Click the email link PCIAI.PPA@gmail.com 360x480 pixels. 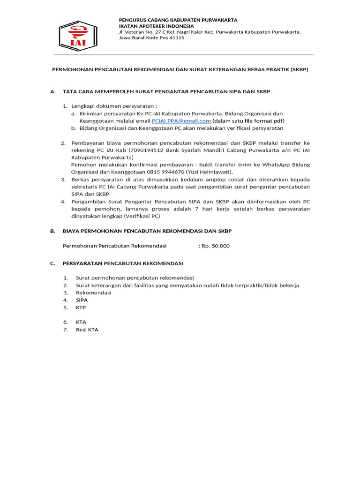(x=181, y=121)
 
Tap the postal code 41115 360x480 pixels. (x=176, y=38)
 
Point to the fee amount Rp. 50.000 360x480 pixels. (x=215, y=246)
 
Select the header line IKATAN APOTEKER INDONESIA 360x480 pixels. (x=156, y=26)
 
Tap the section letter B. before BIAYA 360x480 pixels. (x=52, y=231)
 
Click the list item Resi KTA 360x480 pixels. (x=87, y=330)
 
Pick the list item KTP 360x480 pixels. (x=81, y=307)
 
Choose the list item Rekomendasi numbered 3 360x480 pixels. (x=94, y=292)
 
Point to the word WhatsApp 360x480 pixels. (x=275, y=165)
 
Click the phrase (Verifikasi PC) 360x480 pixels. (x=142, y=216)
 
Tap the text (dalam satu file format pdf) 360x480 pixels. (x=247, y=121)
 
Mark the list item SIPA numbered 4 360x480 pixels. (x=82, y=300)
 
